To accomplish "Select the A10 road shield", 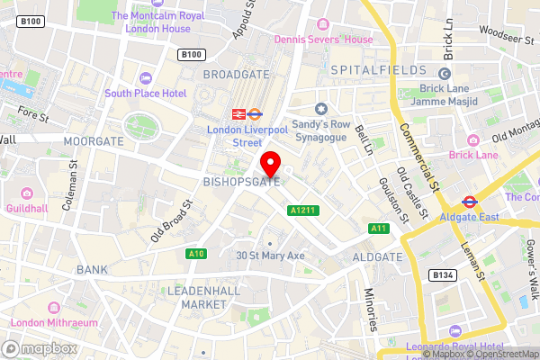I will tap(196, 254).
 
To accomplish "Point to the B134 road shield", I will tap(440, 274).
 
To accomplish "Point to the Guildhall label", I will tap(27, 206).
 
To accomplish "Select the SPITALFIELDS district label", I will tap(375, 69).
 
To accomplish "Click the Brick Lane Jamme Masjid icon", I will tap(444, 75).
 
